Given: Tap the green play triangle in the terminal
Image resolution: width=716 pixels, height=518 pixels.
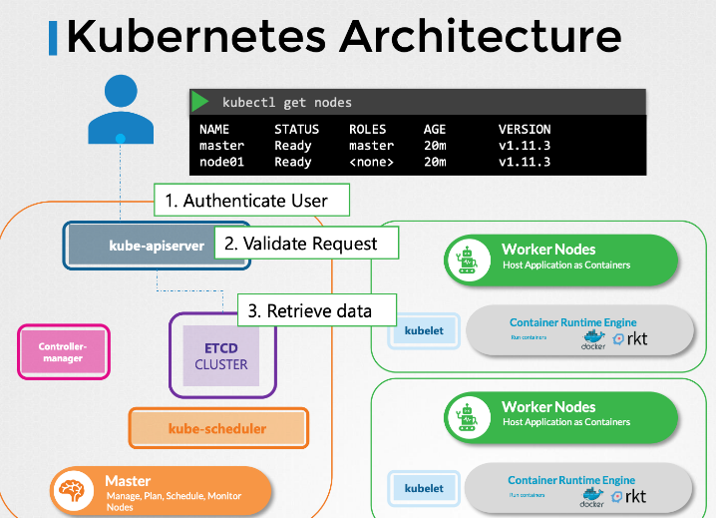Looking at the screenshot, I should click(200, 102).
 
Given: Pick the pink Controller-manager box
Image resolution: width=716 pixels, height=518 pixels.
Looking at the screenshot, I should click(63, 352).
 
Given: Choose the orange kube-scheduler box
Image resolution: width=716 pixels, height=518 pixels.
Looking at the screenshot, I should click(217, 428).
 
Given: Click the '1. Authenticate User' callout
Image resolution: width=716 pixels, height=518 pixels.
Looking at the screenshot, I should click(254, 200).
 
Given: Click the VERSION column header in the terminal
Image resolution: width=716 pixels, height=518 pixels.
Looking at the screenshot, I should click(525, 129).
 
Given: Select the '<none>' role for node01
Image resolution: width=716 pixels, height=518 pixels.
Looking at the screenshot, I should click(372, 162).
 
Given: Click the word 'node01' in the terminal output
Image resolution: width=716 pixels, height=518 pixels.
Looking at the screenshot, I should click(220, 162).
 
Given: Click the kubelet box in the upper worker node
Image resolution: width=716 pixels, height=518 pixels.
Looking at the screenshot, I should click(424, 330).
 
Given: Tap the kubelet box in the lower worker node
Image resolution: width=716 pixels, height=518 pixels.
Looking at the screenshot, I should click(424, 488).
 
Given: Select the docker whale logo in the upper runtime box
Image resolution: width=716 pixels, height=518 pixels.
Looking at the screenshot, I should click(594, 338).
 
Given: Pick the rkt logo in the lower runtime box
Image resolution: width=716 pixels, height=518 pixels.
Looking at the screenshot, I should click(630, 496).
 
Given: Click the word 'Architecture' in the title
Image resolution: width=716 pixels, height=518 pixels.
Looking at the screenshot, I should click(480, 37).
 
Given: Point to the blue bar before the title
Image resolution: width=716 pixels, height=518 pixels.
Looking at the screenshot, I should click(53, 37).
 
